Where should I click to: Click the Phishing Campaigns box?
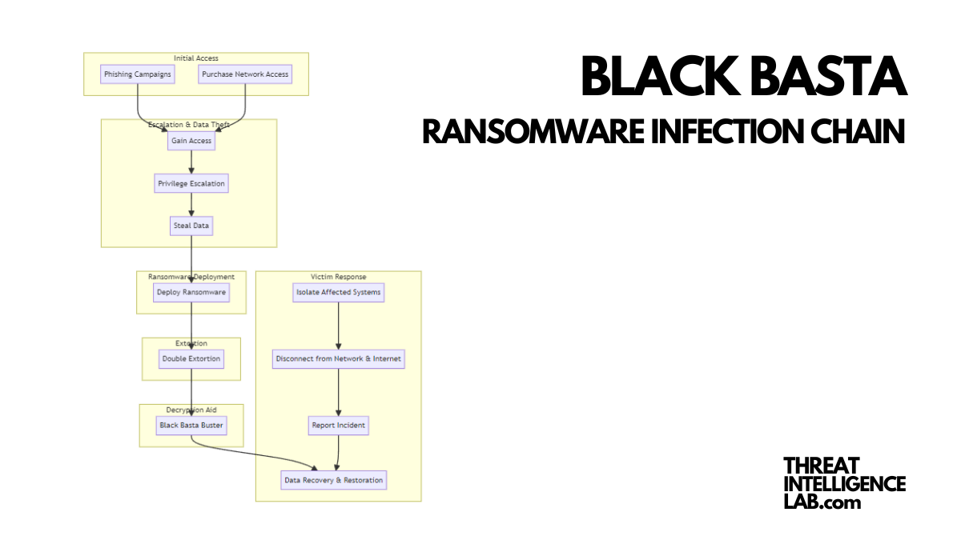tap(137, 74)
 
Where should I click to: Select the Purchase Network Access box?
tap(245, 74)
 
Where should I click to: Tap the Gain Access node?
tap(191, 141)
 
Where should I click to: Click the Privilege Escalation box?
tap(191, 183)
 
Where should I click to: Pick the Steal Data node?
tap(191, 226)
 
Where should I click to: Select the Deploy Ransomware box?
tap(191, 292)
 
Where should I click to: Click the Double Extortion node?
tap(191, 358)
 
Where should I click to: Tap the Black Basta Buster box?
tap(191, 425)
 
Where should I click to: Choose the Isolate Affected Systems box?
tap(338, 292)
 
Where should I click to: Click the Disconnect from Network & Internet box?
tap(338, 358)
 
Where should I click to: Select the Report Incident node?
tap(338, 425)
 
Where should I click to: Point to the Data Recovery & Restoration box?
tap(334, 480)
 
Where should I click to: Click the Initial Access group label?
tap(196, 58)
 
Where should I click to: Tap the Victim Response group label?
tap(338, 277)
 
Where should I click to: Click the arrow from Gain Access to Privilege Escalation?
tap(191, 162)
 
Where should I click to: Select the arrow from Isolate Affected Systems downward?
tap(338, 325)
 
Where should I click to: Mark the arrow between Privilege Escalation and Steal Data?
tap(191, 205)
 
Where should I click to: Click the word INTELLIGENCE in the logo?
tap(844, 484)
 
